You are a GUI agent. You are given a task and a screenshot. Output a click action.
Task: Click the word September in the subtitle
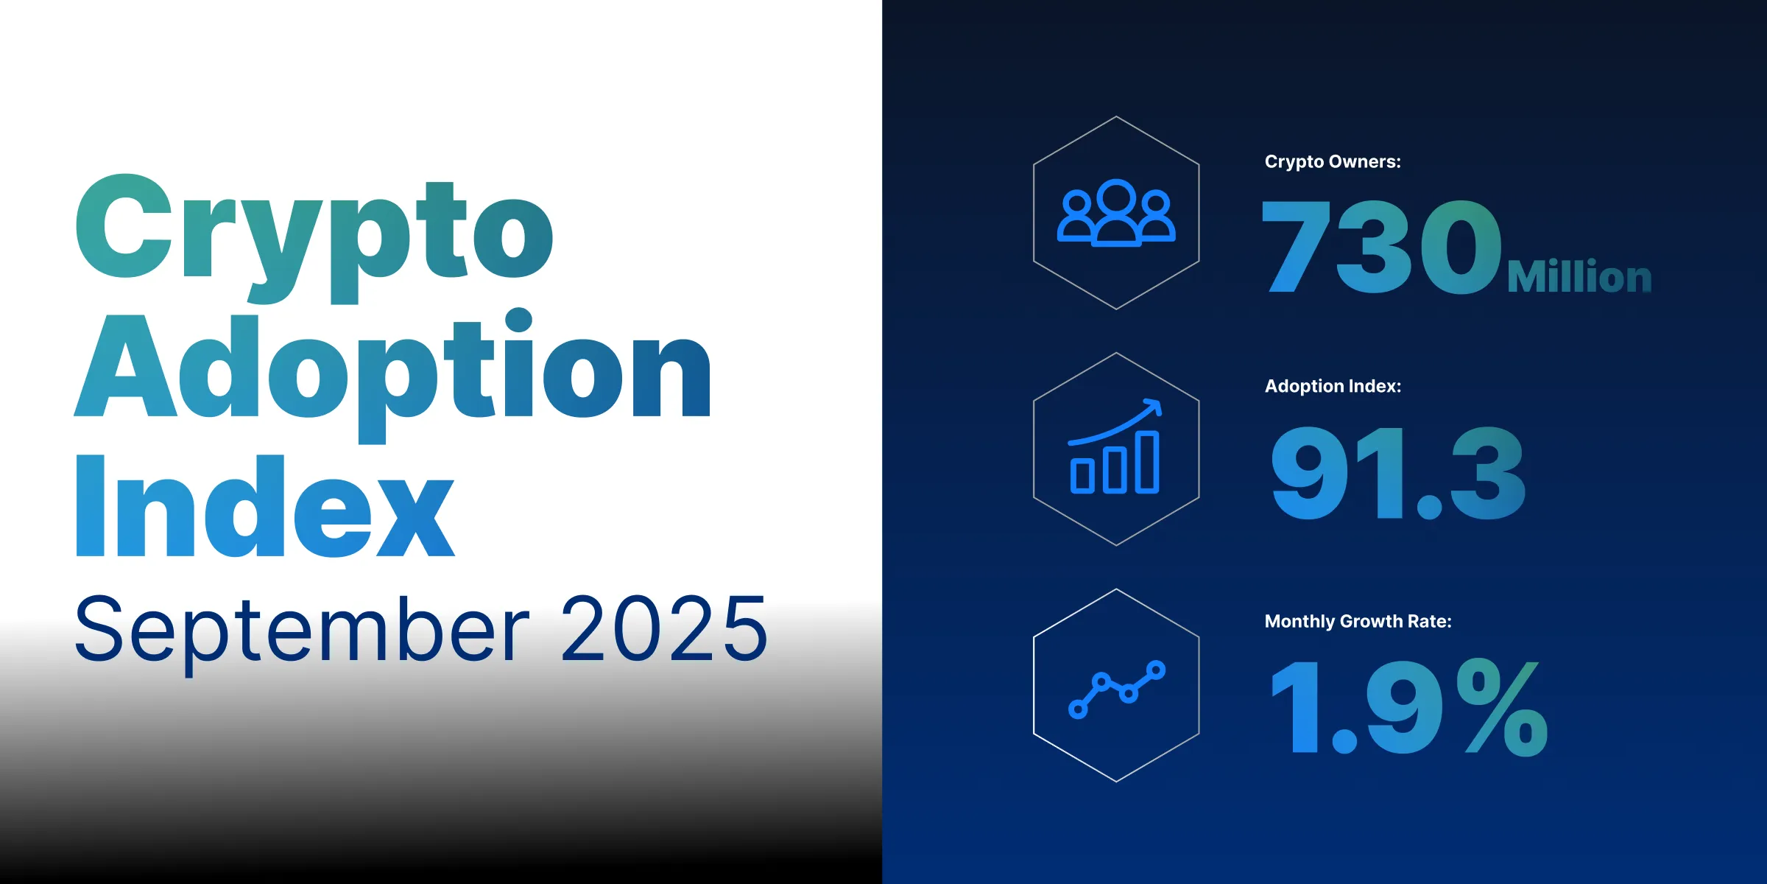click(x=302, y=631)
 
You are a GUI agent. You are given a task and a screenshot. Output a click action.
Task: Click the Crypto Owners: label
click(x=1333, y=161)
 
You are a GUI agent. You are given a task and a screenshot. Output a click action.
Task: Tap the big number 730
click(x=1380, y=247)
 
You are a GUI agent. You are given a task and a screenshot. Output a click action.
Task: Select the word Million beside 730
click(x=1579, y=277)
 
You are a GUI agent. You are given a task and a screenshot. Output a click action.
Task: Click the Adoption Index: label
click(x=1333, y=386)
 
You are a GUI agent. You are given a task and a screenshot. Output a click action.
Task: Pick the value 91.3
click(x=1397, y=473)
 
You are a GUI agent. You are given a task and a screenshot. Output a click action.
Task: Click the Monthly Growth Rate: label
click(x=1358, y=621)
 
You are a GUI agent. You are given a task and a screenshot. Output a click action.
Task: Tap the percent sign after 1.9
click(x=1506, y=707)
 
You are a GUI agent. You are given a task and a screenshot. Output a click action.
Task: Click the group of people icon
click(x=1116, y=213)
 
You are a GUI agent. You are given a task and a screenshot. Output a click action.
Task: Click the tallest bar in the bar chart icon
click(x=1147, y=462)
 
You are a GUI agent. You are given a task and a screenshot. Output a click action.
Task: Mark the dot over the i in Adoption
click(x=519, y=320)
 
